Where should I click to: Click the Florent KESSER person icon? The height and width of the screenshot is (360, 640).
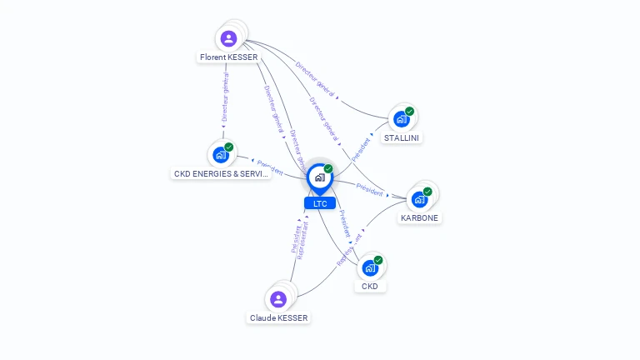pos(228,38)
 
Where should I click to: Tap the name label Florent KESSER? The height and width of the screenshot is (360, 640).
pos(228,57)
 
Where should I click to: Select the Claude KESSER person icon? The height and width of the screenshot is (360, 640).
pos(278,299)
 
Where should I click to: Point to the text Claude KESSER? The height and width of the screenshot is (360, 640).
pos(278,318)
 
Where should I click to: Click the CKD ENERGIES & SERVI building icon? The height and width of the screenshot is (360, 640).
pos(221,155)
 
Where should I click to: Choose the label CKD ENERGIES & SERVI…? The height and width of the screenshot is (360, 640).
pos(221,174)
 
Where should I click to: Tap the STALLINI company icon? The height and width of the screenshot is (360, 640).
pos(402,119)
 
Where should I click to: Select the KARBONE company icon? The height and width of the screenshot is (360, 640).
pos(419,199)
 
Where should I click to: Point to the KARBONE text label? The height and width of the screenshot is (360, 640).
pos(419,218)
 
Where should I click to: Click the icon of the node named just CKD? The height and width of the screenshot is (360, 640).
pos(370,268)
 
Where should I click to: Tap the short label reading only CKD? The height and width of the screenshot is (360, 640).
pos(370,287)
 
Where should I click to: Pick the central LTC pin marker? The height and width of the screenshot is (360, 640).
pos(319,177)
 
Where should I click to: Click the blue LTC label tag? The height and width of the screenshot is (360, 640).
pos(319,203)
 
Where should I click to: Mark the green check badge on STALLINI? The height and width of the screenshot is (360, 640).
pos(410,111)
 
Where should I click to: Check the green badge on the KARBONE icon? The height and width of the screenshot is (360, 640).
pos(427,191)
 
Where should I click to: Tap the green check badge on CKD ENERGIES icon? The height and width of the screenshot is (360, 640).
pos(229,147)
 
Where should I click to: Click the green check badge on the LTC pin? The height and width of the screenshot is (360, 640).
pos(328,168)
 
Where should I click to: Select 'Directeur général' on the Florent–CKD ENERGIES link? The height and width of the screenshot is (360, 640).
pos(225,97)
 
